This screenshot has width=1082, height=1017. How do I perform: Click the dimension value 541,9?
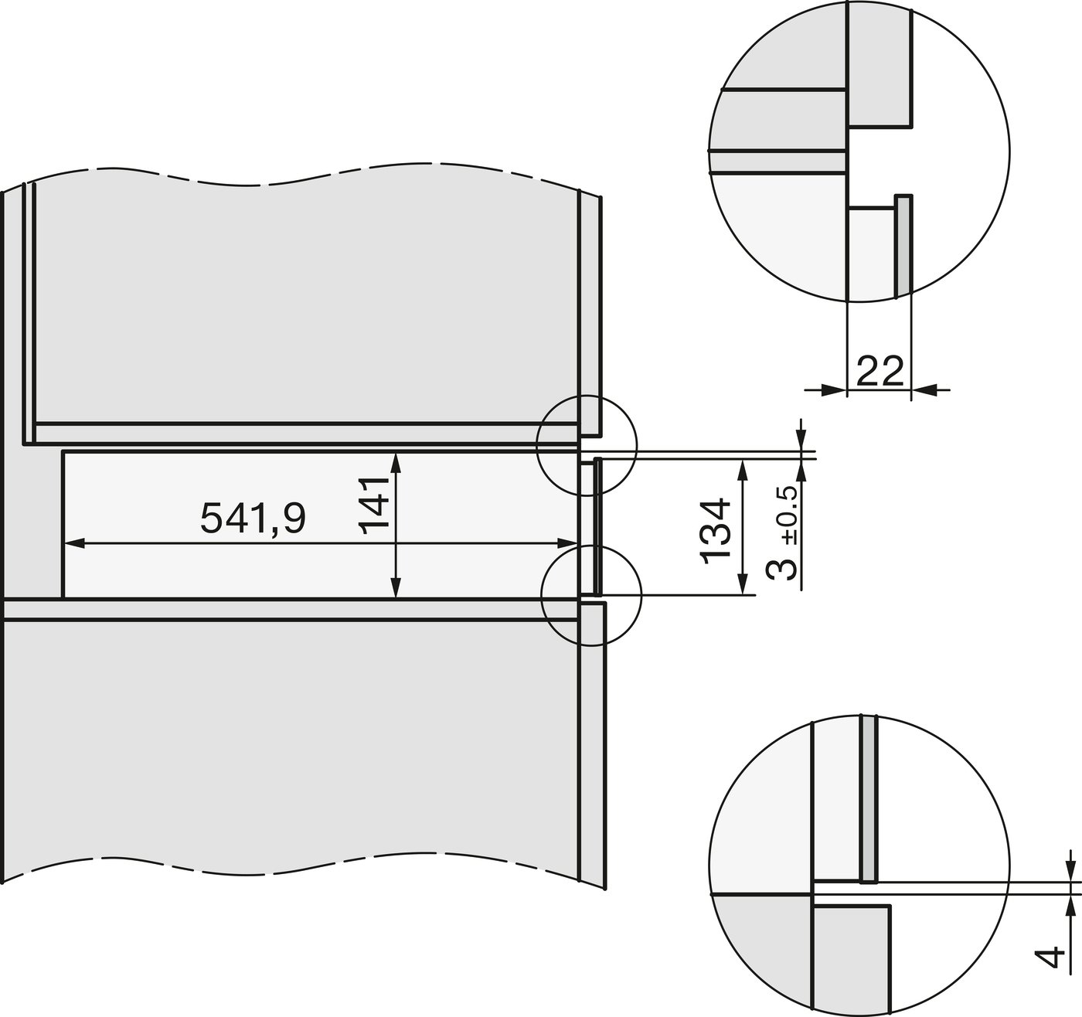(253, 519)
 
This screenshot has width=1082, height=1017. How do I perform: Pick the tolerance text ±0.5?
(789, 515)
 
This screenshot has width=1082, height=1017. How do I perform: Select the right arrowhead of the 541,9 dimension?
(567, 543)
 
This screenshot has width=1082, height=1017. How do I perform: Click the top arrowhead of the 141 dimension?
(396, 463)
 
